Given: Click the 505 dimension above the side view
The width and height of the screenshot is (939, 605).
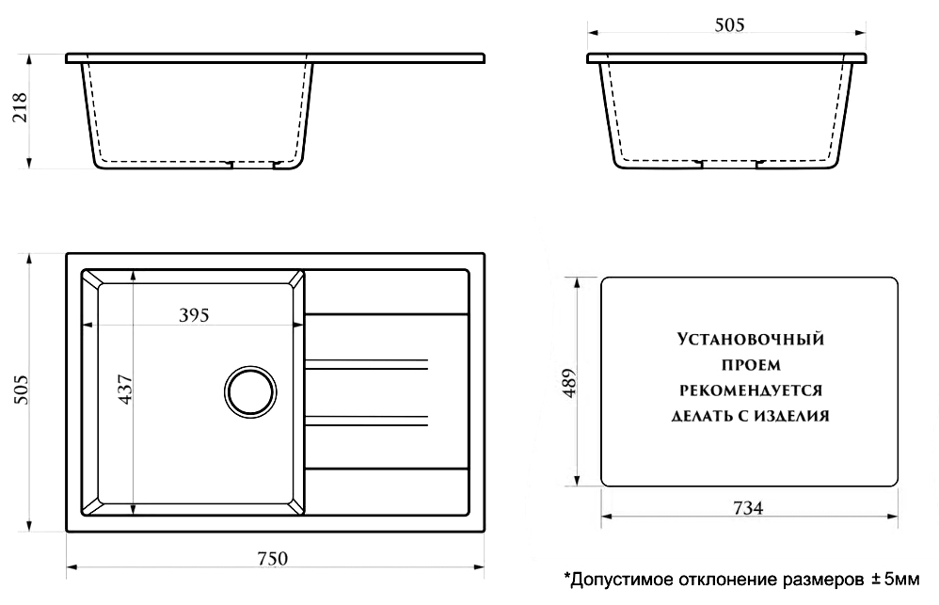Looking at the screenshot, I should click(729, 25).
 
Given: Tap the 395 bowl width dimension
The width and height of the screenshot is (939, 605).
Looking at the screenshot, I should click(193, 314).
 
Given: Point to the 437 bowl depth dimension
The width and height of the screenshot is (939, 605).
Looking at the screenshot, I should click(125, 390).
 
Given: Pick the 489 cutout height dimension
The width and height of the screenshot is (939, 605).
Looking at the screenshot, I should click(568, 383).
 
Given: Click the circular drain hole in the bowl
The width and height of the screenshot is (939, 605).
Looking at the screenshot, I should click(250, 390).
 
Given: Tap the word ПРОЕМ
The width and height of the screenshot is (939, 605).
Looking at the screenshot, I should click(750, 364).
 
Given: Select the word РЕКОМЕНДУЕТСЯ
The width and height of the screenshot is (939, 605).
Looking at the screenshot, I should click(750, 390).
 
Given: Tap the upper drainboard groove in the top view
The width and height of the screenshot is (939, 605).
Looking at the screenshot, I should click(367, 363).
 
